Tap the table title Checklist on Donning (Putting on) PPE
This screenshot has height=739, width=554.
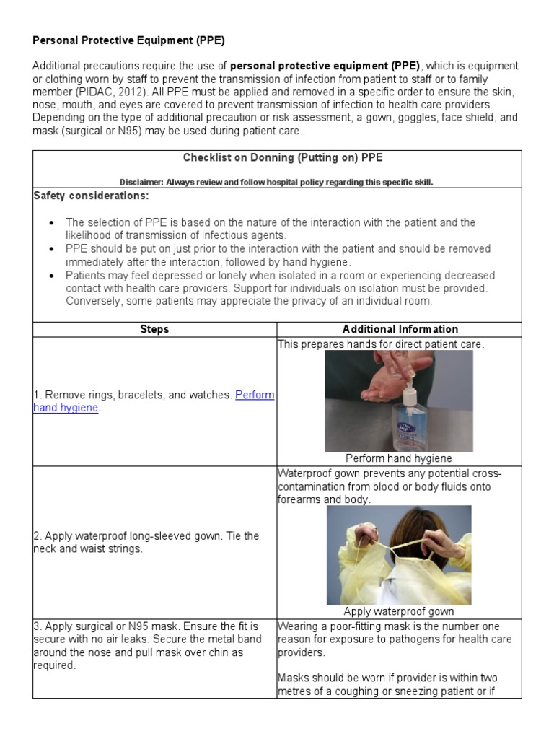[x=276, y=157]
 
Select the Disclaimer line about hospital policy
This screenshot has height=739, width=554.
[x=276, y=182]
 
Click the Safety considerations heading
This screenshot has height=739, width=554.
[x=92, y=196]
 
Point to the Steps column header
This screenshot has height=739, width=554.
[x=154, y=329]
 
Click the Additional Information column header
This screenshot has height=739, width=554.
[x=400, y=329]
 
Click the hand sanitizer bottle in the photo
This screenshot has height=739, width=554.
[x=406, y=424]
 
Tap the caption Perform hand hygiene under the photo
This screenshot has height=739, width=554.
[x=399, y=458]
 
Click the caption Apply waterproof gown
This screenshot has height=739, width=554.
[x=399, y=611]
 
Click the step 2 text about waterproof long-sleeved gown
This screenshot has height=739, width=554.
[x=146, y=542]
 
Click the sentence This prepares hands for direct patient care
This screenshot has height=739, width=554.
[x=381, y=344]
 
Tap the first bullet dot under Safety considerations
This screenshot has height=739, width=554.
[x=50, y=223]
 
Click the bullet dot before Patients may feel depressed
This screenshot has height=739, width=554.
[x=50, y=276]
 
